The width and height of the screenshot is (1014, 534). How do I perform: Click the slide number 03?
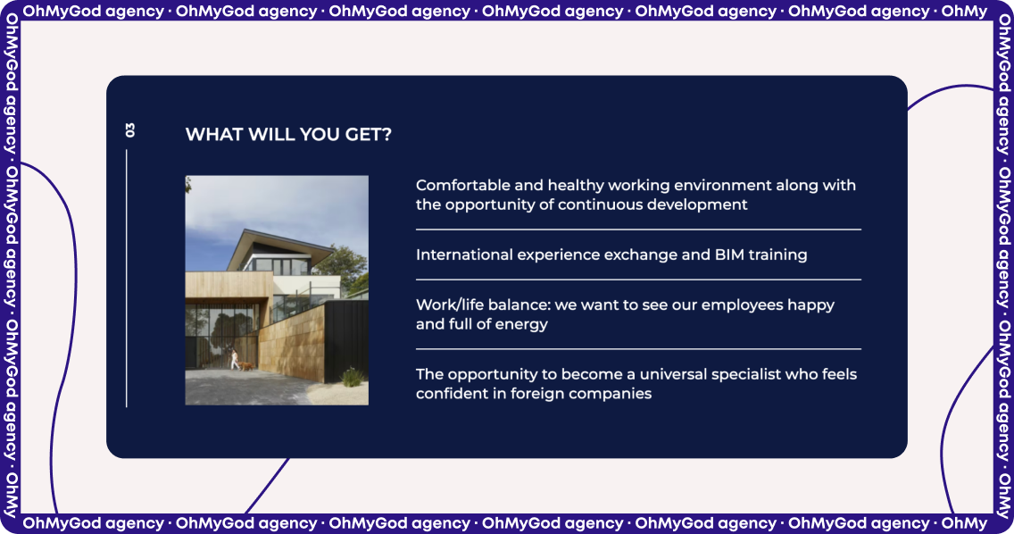[130, 129]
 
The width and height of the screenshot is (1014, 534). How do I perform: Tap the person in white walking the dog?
[234, 360]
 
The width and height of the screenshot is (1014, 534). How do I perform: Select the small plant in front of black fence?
[352, 377]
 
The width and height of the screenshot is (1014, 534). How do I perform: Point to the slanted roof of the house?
[279, 243]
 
